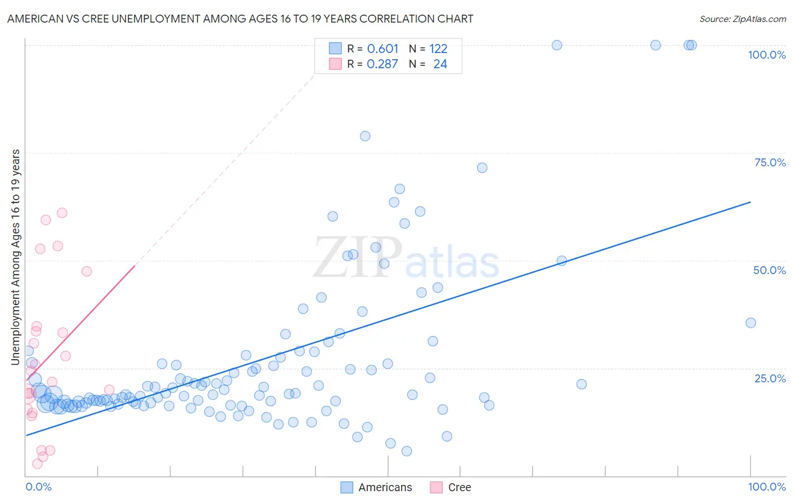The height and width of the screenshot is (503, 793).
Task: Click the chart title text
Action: (240, 19)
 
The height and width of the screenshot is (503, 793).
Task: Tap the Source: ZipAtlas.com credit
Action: (742, 19)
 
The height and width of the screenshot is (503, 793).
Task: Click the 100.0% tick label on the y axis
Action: (766, 55)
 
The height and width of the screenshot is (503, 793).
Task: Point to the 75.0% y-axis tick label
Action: (770, 162)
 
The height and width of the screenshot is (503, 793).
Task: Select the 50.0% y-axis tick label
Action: (769, 270)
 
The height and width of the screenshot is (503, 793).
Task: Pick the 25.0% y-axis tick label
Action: (770, 378)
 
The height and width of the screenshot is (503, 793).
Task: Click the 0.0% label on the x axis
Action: (38, 487)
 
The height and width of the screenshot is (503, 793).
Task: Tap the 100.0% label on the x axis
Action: (766, 487)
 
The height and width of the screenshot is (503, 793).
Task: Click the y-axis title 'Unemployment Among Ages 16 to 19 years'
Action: (16, 257)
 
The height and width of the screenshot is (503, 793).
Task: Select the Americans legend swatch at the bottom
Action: (347, 487)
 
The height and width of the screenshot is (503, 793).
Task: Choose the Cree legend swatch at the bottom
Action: (436, 487)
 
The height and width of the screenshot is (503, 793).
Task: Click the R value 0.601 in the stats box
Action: (382, 48)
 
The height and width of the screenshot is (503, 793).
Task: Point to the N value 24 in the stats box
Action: (440, 64)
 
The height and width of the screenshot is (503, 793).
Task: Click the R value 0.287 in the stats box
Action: (382, 64)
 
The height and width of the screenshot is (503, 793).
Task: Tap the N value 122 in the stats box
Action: (438, 48)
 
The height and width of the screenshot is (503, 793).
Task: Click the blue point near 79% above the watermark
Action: (365, 136)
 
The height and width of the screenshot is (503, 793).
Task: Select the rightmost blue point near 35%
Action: (751, 323)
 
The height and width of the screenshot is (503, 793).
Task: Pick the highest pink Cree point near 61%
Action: (62, 213)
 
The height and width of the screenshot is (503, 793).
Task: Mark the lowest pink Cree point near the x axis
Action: (37, 464)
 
